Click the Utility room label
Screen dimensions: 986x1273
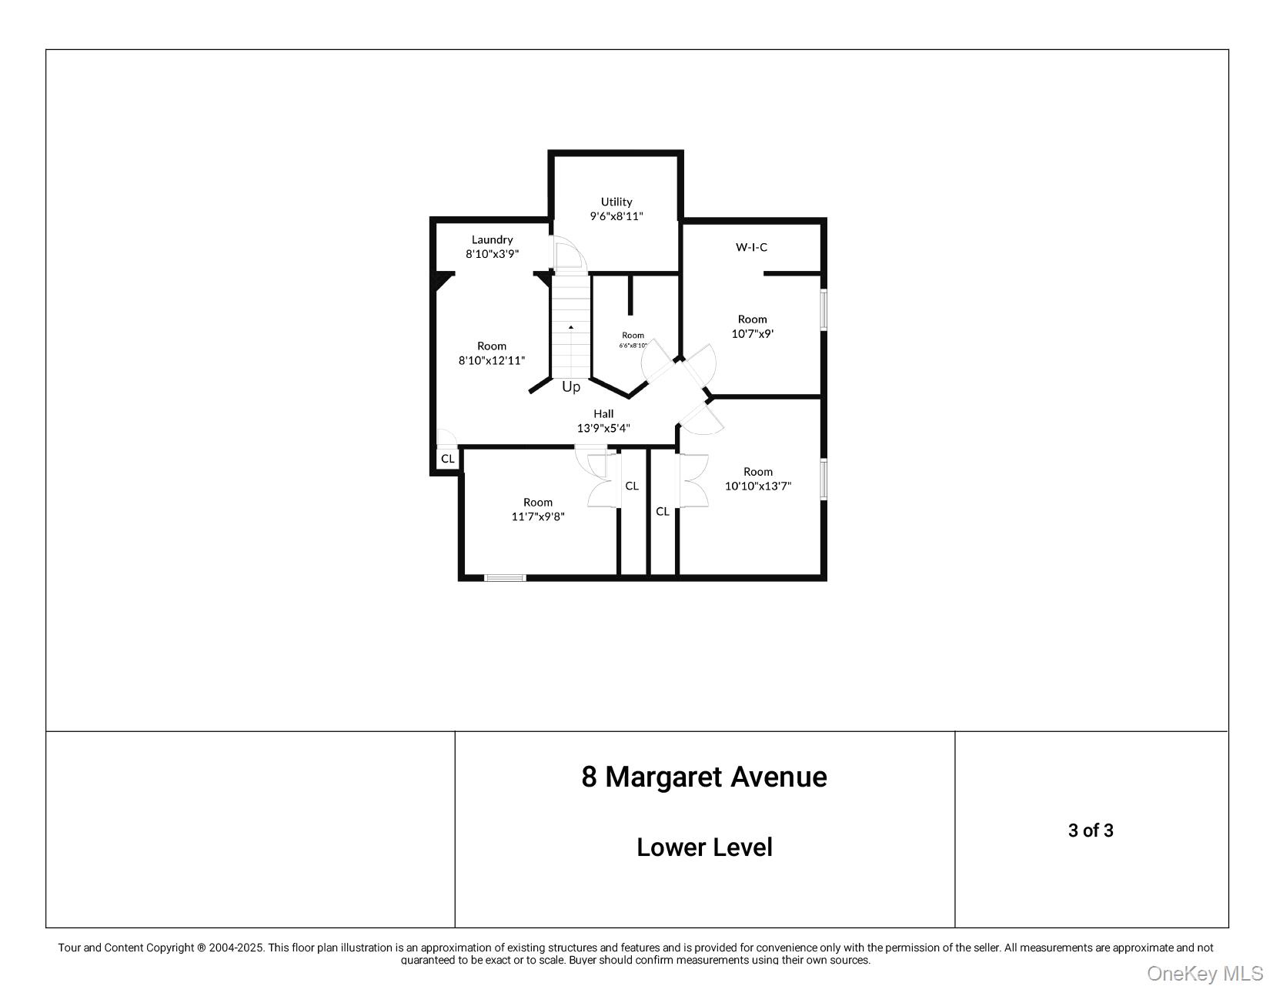pyautogui.click(x=616, y=209)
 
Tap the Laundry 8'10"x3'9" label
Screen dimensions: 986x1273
pyautogui.click(x=492, y=246)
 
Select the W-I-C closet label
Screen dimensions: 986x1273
pyautogui.click(x=751, y=247)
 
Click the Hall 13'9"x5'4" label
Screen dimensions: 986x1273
pyautogui.click(x=603, y=421)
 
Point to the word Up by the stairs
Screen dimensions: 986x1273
pyautogui.click(x=571, y=387)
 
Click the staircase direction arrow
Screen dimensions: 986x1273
pyautogui.click(x=571, y=327)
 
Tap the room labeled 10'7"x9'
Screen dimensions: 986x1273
pyautogui.click(x=752, y=326)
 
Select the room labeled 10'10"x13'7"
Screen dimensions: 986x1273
pyautogui.click(x=757, y=479)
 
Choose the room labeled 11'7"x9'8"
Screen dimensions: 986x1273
pyautogui.click(x=538, y=510)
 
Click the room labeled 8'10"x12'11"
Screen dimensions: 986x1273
pyautogui.click(x=492, y=353)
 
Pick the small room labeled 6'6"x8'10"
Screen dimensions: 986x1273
pyautogui.click(x=633, y=339)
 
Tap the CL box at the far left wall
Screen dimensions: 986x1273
pyautogui.click(x=447, y=459)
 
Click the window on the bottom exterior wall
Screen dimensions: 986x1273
pyautogui.click(x=506, y=577)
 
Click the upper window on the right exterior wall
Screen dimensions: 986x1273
pyautogui.click(x=823, y=309)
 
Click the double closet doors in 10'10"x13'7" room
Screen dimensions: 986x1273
pyautogui.click(x=693, y=481)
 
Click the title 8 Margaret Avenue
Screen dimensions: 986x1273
pyautogui.click(x=703, y=777)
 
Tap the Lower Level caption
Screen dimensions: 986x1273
pyautogui.click(x=703, y=847)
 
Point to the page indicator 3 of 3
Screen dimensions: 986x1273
pyautogui.click(x=1090, y=831)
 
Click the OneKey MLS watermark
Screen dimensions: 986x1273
pyautogui.click(x=1204, y=973)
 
